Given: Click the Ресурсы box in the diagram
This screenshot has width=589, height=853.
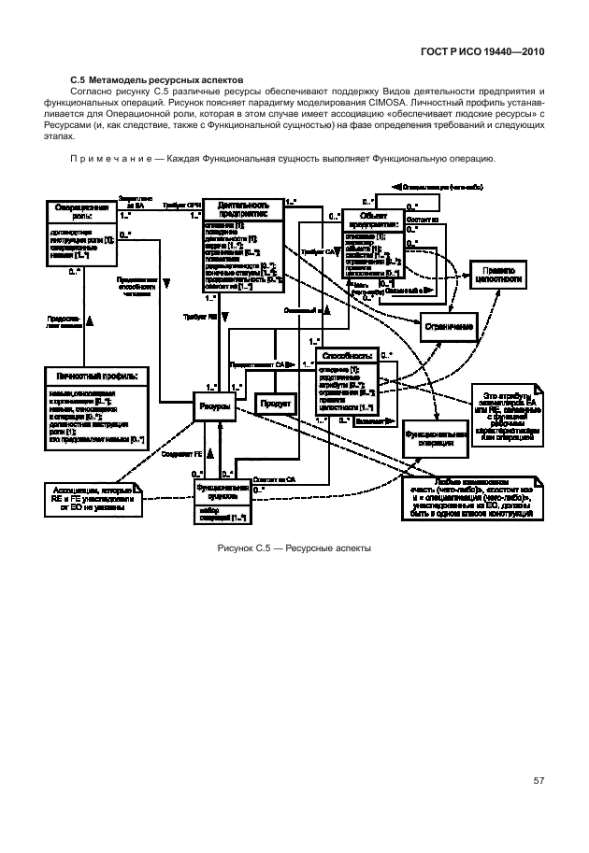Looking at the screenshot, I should tap(214, 407).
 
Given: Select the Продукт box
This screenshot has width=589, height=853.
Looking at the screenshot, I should tap(277, 404).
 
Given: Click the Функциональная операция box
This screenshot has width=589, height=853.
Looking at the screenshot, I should tap(436, 438).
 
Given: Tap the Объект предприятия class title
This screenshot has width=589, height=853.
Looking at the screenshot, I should tap(372, 220).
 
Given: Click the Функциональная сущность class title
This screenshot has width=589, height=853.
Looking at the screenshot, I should tap(223, 492).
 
